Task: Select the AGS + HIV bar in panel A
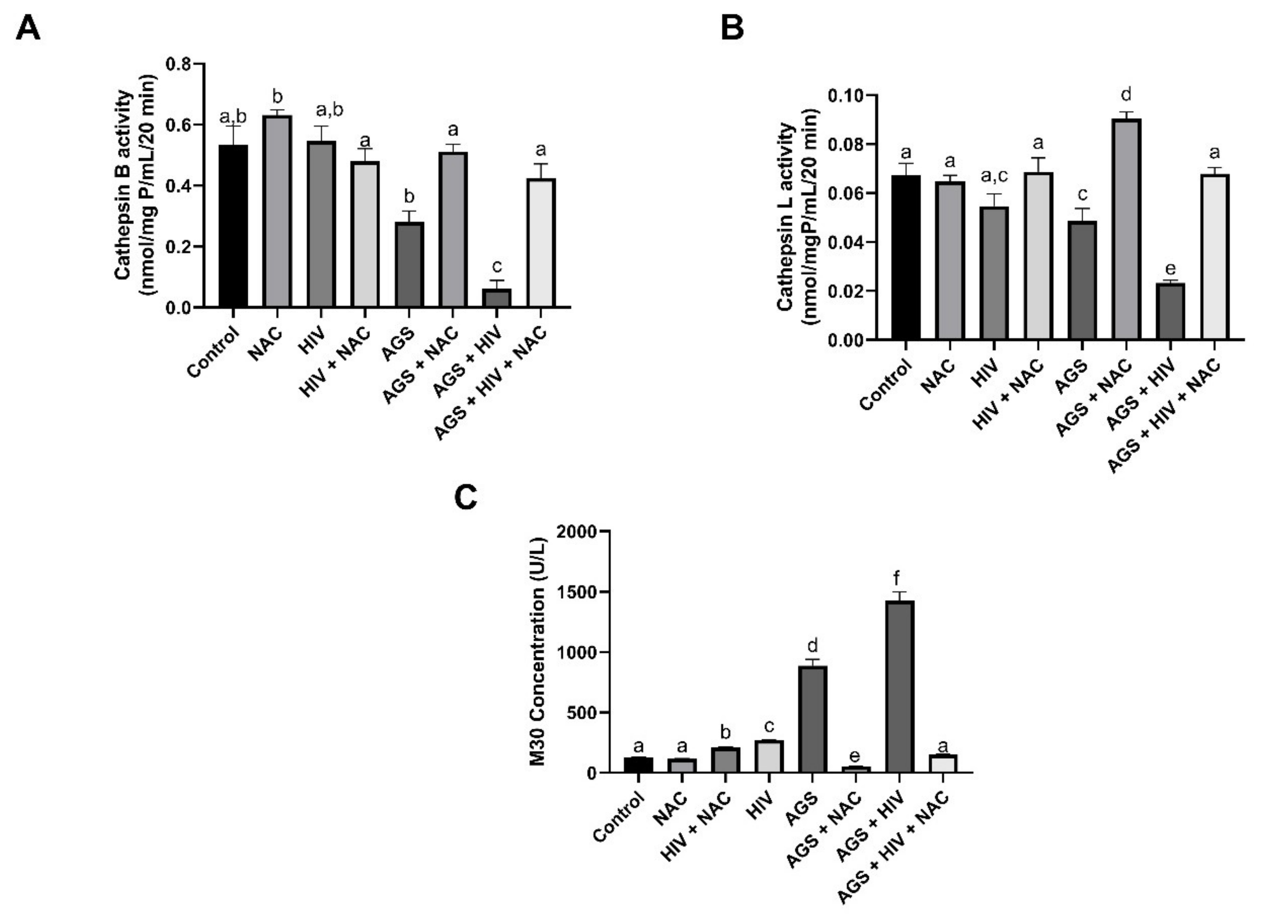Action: pos(497,298)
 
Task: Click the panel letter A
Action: pos(28,28)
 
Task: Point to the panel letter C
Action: pos(466,498)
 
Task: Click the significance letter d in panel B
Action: pos(1127,94)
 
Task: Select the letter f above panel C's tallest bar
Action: pos(897,579)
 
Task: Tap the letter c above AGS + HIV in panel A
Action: pos(497,266)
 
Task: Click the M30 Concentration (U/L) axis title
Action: pos(538,651)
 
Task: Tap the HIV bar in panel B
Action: pos(994,273)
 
